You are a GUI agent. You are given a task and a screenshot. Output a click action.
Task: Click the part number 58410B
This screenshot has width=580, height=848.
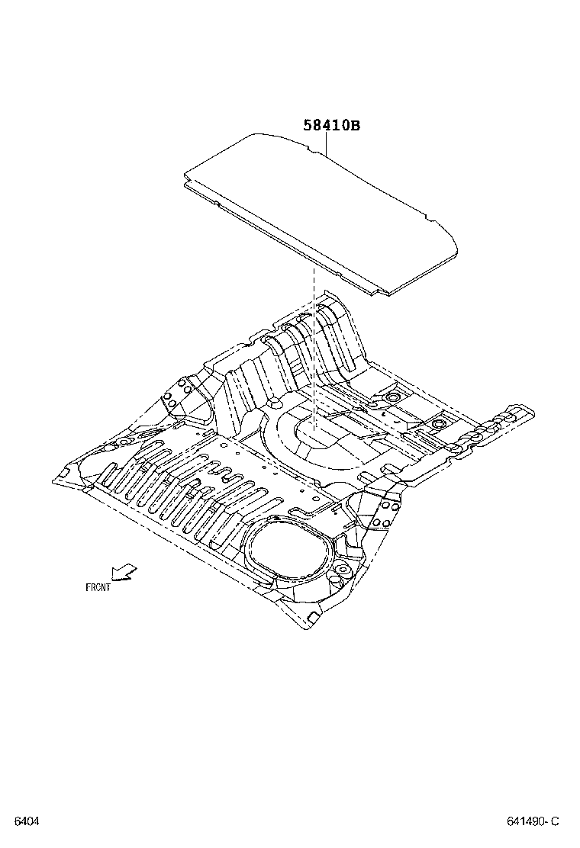tap(331, 126)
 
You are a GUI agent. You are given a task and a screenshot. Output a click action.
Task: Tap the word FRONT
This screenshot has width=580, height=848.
tap(98, 587)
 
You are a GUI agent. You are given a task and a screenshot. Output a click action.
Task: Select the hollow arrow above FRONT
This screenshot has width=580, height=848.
tap(123, 572)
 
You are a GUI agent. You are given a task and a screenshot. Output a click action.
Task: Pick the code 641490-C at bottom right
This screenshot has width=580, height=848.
tap(533, 821)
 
